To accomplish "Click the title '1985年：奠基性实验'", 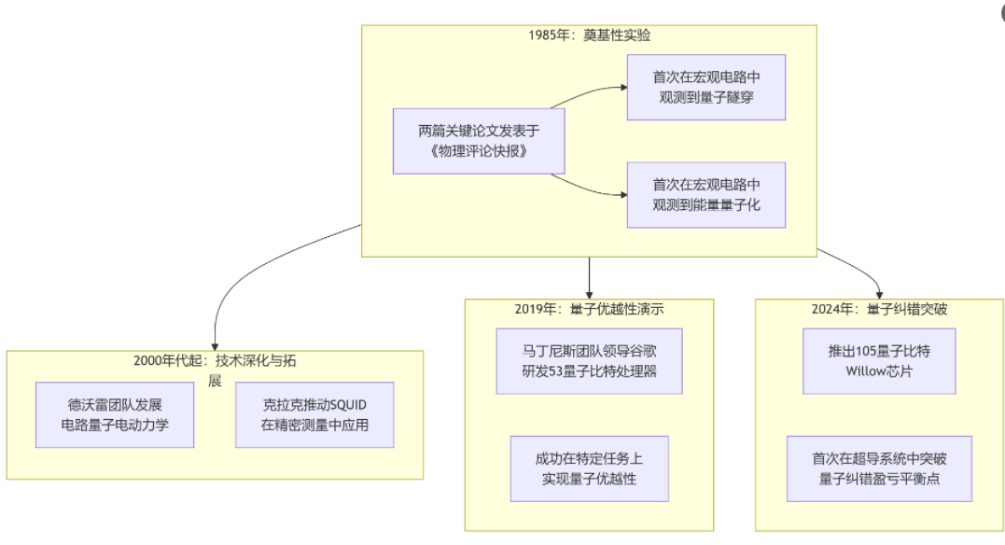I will point(589,35).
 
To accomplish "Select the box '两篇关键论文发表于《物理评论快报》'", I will point(479,141).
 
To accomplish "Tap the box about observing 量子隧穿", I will point(705,87).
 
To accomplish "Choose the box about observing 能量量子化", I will point(705,194).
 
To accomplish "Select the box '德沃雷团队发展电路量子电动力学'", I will point(115,414).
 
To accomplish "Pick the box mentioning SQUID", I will point(314,414).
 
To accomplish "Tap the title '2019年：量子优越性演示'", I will point(589,309).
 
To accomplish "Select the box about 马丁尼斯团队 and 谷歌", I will point(589,360).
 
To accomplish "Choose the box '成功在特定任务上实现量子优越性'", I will point(589,468).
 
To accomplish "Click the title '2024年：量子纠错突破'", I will point(880,309).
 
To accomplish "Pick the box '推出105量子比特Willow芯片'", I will point(880,360).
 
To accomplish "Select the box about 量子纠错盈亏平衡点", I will point(880,468).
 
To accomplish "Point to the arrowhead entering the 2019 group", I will point(589,294).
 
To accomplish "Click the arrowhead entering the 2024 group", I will point(879,294).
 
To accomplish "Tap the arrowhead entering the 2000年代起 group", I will point(215,345).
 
